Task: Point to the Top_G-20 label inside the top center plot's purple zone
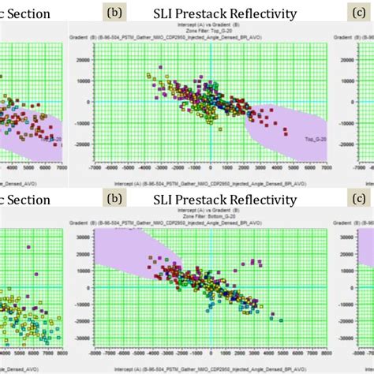(315, 138)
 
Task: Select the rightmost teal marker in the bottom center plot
(260, 317)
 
